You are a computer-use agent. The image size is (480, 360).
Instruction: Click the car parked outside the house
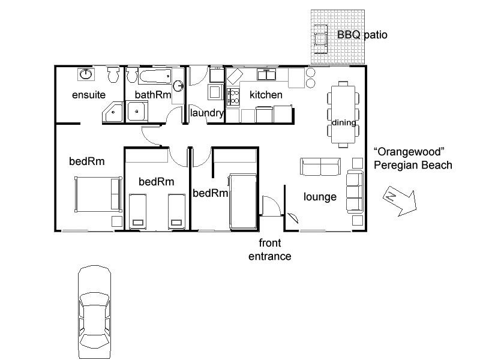(x=95, y=311)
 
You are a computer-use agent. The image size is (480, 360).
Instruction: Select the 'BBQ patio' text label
(x=362, y=35)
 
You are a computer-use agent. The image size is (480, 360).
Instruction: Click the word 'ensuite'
(x=89, y=95)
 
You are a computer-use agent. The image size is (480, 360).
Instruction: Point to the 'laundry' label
(x=207, y=113)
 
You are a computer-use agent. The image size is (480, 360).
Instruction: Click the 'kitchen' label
(x=266, y=95)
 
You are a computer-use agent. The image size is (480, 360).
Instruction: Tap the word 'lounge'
(x=320, y=197)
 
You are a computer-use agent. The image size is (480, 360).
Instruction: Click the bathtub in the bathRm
(x=155, y=77)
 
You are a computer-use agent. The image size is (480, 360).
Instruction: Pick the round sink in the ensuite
(x=86, y=74)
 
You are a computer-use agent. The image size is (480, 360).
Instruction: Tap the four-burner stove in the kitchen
(x=232, y=95)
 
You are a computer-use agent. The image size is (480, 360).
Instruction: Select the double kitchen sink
(x=266, y=75)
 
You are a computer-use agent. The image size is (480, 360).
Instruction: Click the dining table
(x=344, y=114)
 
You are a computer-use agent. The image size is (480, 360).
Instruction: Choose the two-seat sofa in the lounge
(x=320, y=166)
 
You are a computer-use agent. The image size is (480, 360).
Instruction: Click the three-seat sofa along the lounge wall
(x=355, y=192)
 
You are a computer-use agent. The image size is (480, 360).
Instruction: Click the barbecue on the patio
(x=320, y=37)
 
